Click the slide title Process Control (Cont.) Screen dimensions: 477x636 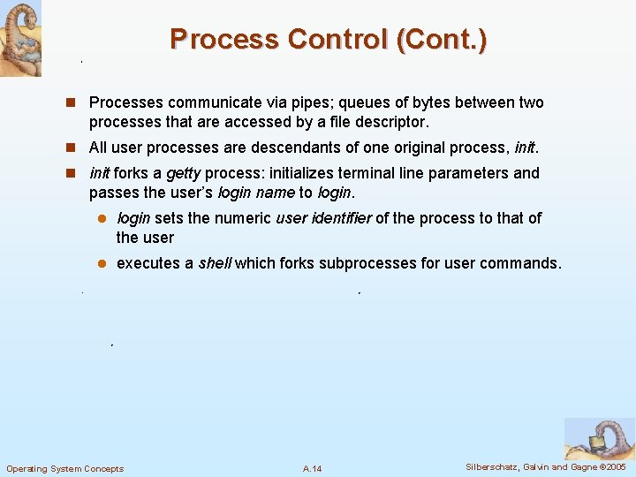328,40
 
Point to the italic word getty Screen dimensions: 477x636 183,173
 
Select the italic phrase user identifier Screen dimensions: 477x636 323,218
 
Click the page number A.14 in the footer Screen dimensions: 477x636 312,468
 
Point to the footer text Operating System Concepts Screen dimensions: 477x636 65,468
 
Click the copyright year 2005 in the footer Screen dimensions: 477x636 615,466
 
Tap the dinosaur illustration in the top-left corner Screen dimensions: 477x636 20,38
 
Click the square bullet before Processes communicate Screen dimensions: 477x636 76,103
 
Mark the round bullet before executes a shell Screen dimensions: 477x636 102,264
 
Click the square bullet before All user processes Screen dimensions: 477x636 76,148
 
